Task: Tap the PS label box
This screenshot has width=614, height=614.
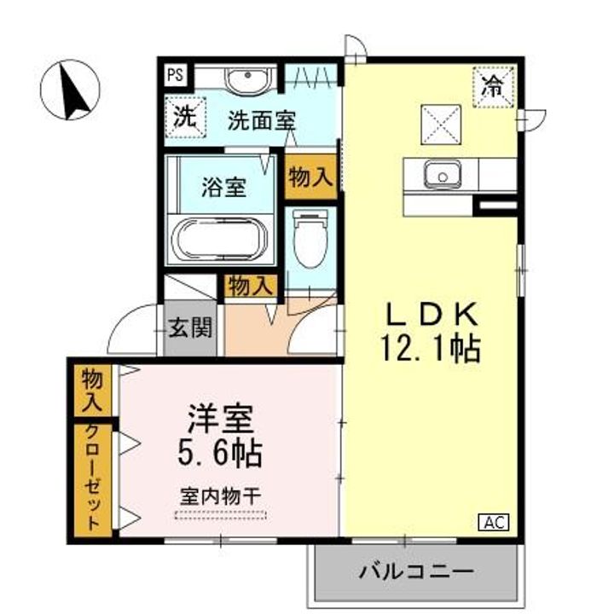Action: [x=175, y=74]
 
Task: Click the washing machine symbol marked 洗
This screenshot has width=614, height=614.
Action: [x=184, y=119]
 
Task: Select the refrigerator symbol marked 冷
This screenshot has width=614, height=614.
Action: [x=493, y=86]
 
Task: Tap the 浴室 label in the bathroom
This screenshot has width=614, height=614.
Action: [x=225, y=187]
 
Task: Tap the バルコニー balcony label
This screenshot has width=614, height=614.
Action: [x=416, y=570]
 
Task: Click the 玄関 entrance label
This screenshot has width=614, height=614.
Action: [x=189, y=327]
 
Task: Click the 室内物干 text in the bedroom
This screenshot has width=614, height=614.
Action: [x=221, y=494]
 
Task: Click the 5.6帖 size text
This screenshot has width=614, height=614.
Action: [x=219, y=451]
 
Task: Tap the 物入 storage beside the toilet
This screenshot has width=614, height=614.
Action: [x=309, y=178]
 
